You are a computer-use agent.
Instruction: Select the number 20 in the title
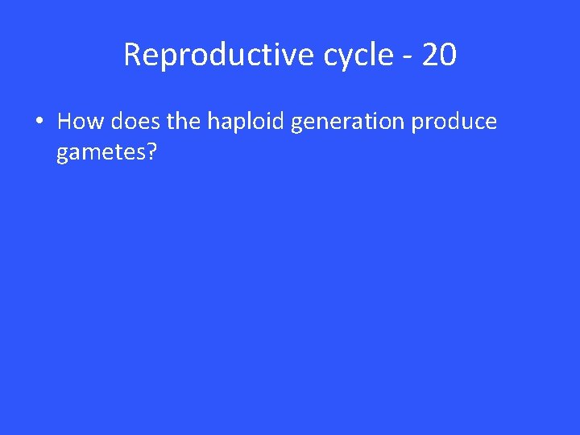coord(438,55)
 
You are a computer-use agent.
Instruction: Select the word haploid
coord(247,122)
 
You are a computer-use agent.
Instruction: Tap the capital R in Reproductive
coord(132,55)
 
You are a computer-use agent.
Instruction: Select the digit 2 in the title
coord(429,55)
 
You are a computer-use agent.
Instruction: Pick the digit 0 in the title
coord(448,55)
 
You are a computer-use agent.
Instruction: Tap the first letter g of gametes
coord(62,154)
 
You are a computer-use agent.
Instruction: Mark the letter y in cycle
coord(341,58)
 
